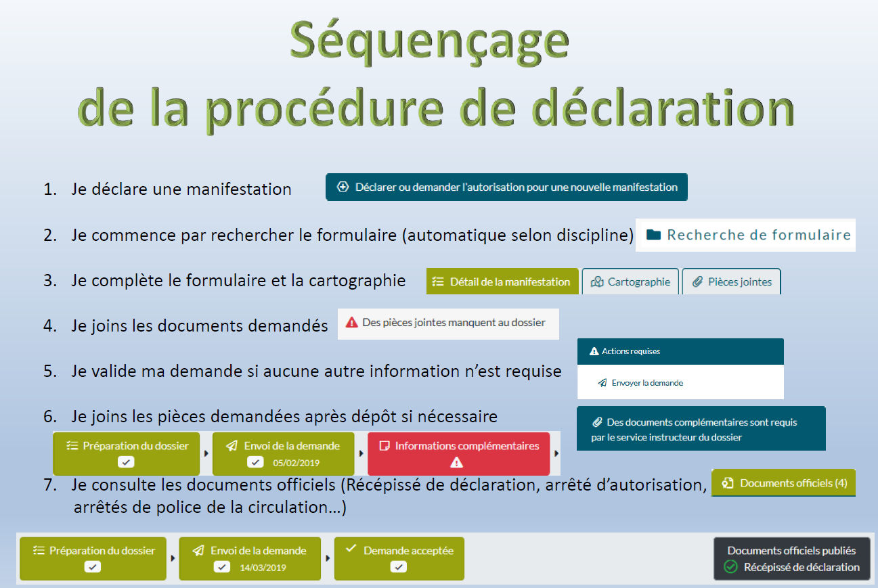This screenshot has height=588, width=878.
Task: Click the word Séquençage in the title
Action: (429, 43)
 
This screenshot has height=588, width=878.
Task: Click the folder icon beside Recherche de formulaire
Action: (653, 235)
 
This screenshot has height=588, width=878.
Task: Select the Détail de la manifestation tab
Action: (502, 281)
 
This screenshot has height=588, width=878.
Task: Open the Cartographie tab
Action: (630, 281)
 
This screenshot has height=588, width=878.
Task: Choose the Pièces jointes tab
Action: (731, 281)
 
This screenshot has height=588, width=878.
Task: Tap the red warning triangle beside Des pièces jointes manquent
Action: (351, 322)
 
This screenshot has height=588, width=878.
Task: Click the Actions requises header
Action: (680, 351)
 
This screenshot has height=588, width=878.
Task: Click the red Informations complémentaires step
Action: (458, 453)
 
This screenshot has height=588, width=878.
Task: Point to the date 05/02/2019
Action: (296, 463)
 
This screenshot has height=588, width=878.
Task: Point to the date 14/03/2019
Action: (263, 568)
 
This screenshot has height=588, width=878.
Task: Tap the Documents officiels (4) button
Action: (783, 482)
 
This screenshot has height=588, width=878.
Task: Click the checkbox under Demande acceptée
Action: (398, 567)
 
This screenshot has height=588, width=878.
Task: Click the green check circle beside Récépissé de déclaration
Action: (730, 566)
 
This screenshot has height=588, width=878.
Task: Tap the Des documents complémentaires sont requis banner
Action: (701, 428)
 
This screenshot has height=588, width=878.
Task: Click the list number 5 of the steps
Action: (50, 371)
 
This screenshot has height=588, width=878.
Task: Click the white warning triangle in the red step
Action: (457, 463)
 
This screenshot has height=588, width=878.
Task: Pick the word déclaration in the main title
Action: (663, 108)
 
